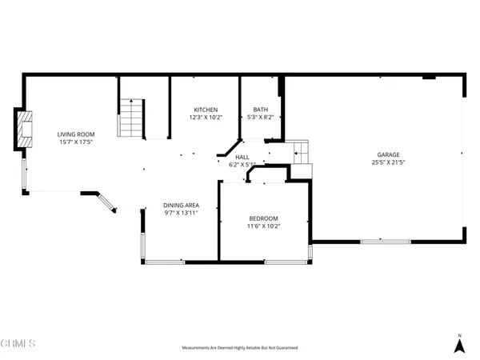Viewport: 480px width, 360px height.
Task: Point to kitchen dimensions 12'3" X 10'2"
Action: tap(206, 118)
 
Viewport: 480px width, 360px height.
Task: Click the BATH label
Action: tap(261, 110)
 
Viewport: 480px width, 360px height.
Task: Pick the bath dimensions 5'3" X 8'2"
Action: tap(261, 118)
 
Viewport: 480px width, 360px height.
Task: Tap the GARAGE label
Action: tap(389, 155)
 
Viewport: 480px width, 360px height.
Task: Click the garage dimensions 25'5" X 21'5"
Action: tap(389, 163)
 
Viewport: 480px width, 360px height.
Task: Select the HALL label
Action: tap(242, 157)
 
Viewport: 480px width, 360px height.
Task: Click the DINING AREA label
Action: tap(181, 205)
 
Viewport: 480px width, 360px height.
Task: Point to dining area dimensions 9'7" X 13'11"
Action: tap(181, 213)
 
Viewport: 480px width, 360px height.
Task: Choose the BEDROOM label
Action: tap(263, 218)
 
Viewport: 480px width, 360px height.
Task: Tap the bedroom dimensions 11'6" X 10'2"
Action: tap(263, 226)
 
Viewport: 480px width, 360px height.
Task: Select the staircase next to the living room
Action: tap(130, 118)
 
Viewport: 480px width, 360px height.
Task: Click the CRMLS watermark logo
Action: tap(18, 344)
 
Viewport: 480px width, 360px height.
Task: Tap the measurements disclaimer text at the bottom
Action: tap(240, 348)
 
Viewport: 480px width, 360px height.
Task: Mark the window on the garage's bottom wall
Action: tap(386, 240)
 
